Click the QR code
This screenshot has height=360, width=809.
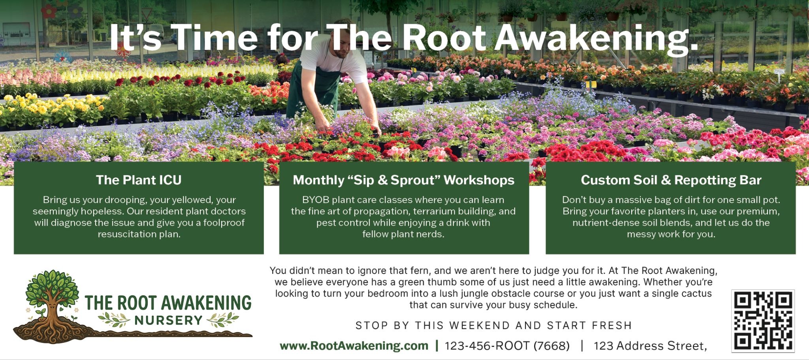(763, 320)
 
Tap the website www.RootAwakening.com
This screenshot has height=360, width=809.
(354, 346)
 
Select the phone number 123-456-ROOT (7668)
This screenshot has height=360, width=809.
(507, 346)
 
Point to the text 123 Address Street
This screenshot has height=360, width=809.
(650, 346)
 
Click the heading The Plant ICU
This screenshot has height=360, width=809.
(139, 180)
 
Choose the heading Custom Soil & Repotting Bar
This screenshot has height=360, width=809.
(671, 180)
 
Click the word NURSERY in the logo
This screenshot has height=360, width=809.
(168, 320)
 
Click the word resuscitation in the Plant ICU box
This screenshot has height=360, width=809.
(122, 234)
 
